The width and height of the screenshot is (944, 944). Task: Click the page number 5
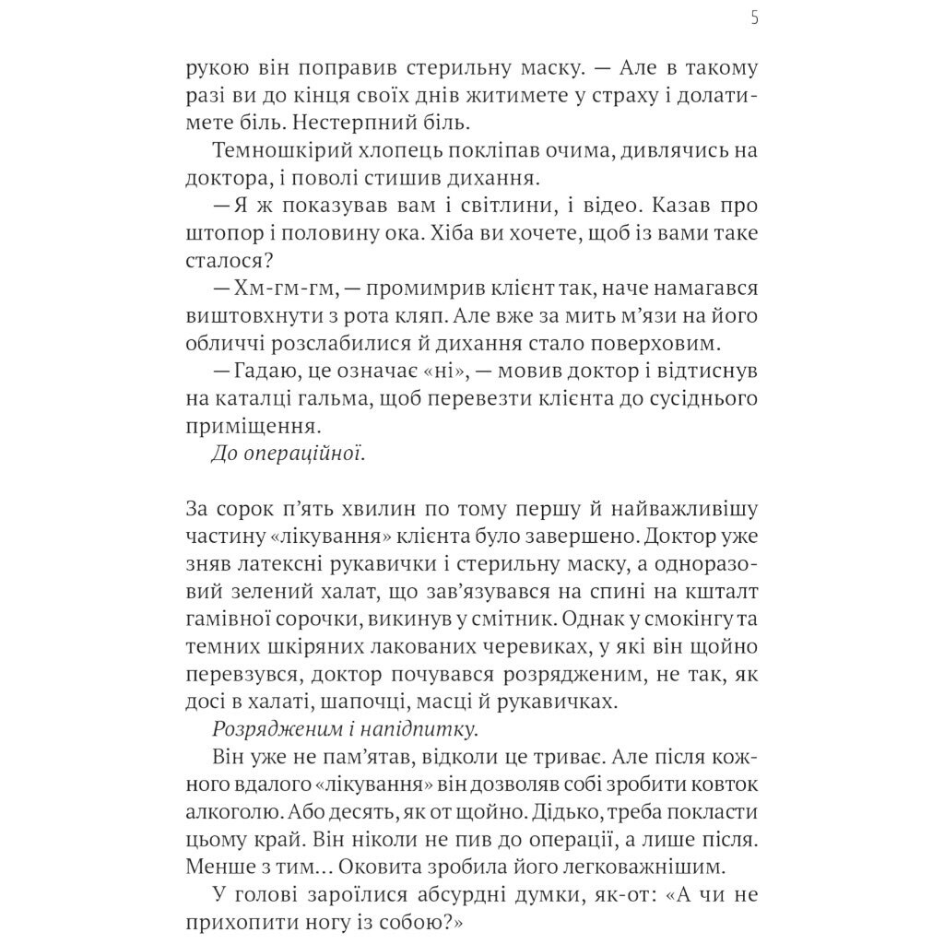click(755, 18)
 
